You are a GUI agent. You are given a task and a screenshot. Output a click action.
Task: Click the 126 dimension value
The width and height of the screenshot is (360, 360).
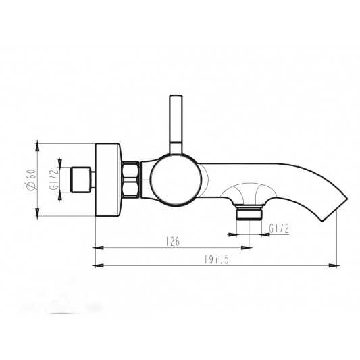[173, 242]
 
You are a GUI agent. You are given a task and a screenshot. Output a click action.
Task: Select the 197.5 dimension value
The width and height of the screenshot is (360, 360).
[217, 260]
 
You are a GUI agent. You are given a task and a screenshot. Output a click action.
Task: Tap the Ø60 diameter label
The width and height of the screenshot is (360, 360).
[31, 180]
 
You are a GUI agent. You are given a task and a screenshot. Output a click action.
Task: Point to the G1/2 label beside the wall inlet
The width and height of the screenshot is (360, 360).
[54, 179]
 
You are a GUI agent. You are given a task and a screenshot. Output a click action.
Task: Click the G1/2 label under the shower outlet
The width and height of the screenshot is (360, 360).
[279, 229]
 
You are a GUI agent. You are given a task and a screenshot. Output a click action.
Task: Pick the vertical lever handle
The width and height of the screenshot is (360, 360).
[176, 125]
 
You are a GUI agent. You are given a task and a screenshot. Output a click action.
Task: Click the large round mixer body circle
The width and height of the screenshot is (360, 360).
[176, 180]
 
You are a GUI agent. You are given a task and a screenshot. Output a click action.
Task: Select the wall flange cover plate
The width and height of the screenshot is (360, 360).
[108, 180]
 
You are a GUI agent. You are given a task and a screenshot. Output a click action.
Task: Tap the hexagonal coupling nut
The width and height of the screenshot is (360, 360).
[130, 180]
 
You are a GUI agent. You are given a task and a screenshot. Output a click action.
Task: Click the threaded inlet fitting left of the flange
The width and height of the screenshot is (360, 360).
[82, 180]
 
